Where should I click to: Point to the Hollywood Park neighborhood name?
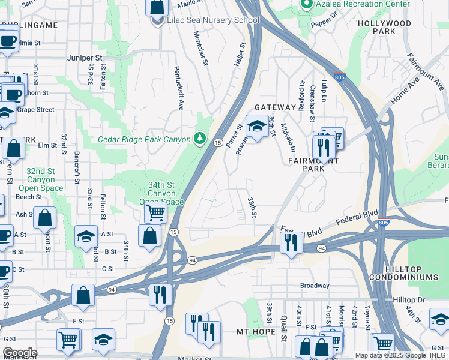click(384, 27)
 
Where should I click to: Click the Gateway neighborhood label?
click(275, 107)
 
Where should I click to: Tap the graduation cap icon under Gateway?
click(257, 127)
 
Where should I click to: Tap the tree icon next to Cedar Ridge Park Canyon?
click(200, 139)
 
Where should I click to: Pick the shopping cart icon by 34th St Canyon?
click(156, 212)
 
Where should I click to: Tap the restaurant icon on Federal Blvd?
click(291, 243)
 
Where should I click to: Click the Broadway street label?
click(315, 286)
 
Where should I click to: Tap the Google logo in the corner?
click(19, 353)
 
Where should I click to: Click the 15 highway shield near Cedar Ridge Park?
click(218, 142)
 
